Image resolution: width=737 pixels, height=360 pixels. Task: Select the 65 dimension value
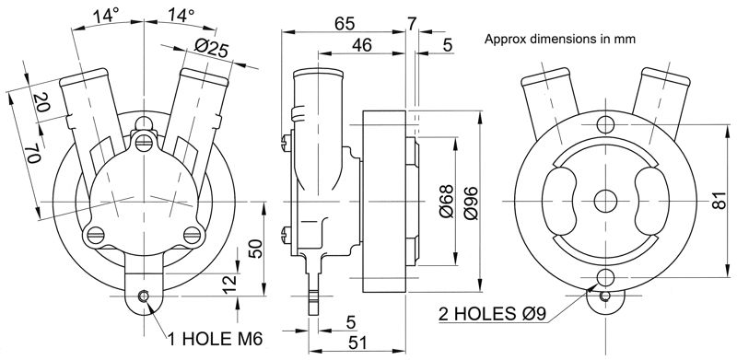344,24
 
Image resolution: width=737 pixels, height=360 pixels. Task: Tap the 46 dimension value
361,45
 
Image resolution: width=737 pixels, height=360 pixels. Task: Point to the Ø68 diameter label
447,201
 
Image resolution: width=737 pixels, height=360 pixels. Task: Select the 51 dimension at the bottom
357,343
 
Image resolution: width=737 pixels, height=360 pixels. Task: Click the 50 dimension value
256,249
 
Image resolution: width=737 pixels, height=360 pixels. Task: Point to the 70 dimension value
33,154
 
